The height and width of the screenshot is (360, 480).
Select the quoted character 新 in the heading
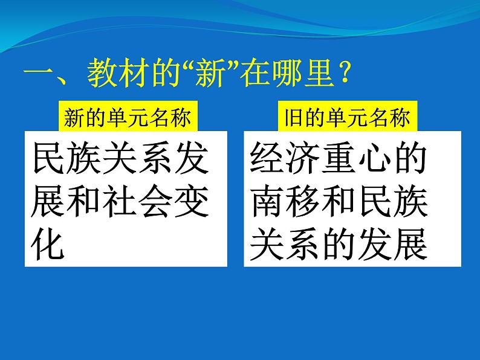210,73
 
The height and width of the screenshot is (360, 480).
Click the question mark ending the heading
345,73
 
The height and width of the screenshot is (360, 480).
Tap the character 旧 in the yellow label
293,118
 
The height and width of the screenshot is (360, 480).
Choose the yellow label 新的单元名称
128,117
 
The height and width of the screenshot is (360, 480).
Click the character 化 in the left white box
48,245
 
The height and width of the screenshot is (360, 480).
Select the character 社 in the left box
118,202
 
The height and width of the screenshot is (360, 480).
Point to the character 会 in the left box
155,202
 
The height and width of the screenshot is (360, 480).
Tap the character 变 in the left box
191,202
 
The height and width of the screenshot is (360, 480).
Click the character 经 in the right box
267,158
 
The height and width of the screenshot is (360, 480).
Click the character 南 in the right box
267,202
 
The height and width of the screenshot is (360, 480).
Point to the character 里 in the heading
320,73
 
